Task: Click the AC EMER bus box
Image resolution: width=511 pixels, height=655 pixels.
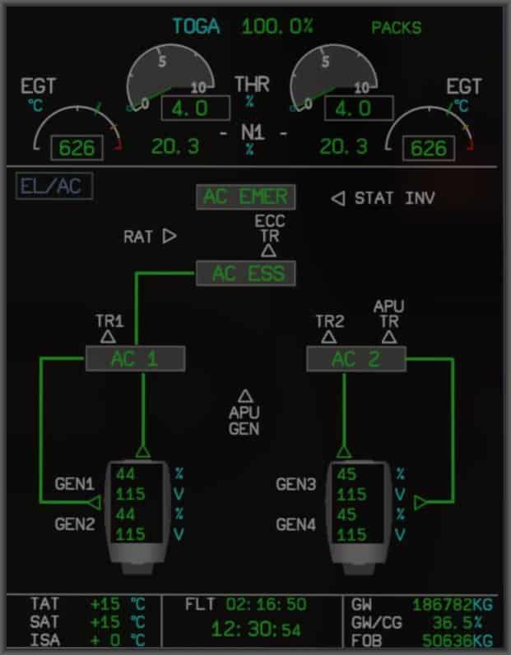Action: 245,197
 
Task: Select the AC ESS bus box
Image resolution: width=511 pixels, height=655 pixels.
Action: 245,274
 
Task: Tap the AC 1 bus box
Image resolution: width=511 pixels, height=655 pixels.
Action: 136,359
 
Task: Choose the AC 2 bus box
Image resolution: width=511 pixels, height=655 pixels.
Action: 355,359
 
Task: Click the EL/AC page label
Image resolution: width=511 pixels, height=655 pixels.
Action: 53,187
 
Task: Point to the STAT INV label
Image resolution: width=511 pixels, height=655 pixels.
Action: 394,198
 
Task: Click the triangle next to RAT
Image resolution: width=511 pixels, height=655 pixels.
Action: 170,237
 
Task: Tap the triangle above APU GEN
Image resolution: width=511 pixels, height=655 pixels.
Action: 244,396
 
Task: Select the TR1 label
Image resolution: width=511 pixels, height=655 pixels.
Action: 109,321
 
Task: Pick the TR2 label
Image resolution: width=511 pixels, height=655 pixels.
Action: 329,321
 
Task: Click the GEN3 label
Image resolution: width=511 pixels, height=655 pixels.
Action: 296,484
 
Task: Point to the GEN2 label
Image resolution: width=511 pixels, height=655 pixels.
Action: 76,523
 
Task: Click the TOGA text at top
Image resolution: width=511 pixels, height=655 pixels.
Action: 196,26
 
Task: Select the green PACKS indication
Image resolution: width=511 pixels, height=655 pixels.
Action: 397,28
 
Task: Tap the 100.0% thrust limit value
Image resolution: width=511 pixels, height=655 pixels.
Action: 277,26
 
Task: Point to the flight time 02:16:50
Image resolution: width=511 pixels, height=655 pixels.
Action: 266,606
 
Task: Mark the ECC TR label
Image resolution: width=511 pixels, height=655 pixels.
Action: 269,228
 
